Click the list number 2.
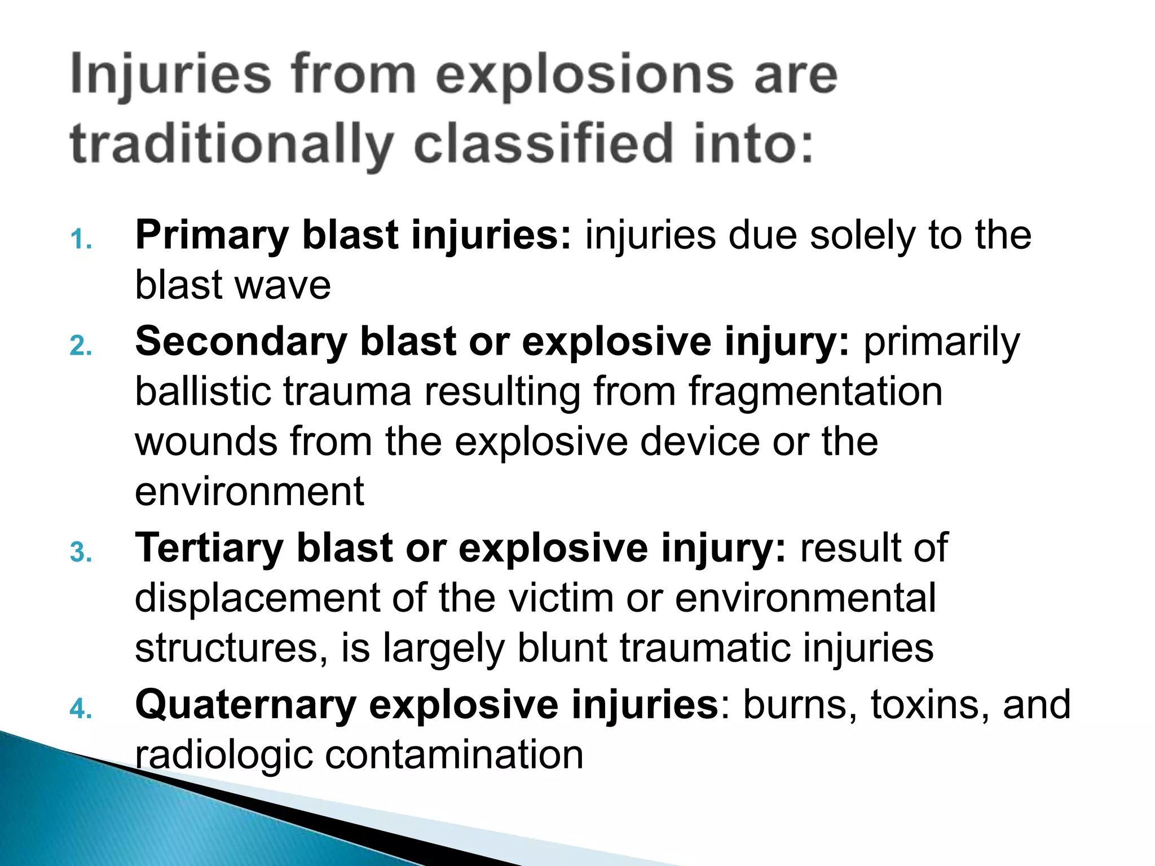coord(81,346)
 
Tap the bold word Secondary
coord(241,342)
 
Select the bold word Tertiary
coord(209,549)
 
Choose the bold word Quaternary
coord(245,705)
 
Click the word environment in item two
coord(249,492)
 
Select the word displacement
coord(257,598)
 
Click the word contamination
coord(454,755)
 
